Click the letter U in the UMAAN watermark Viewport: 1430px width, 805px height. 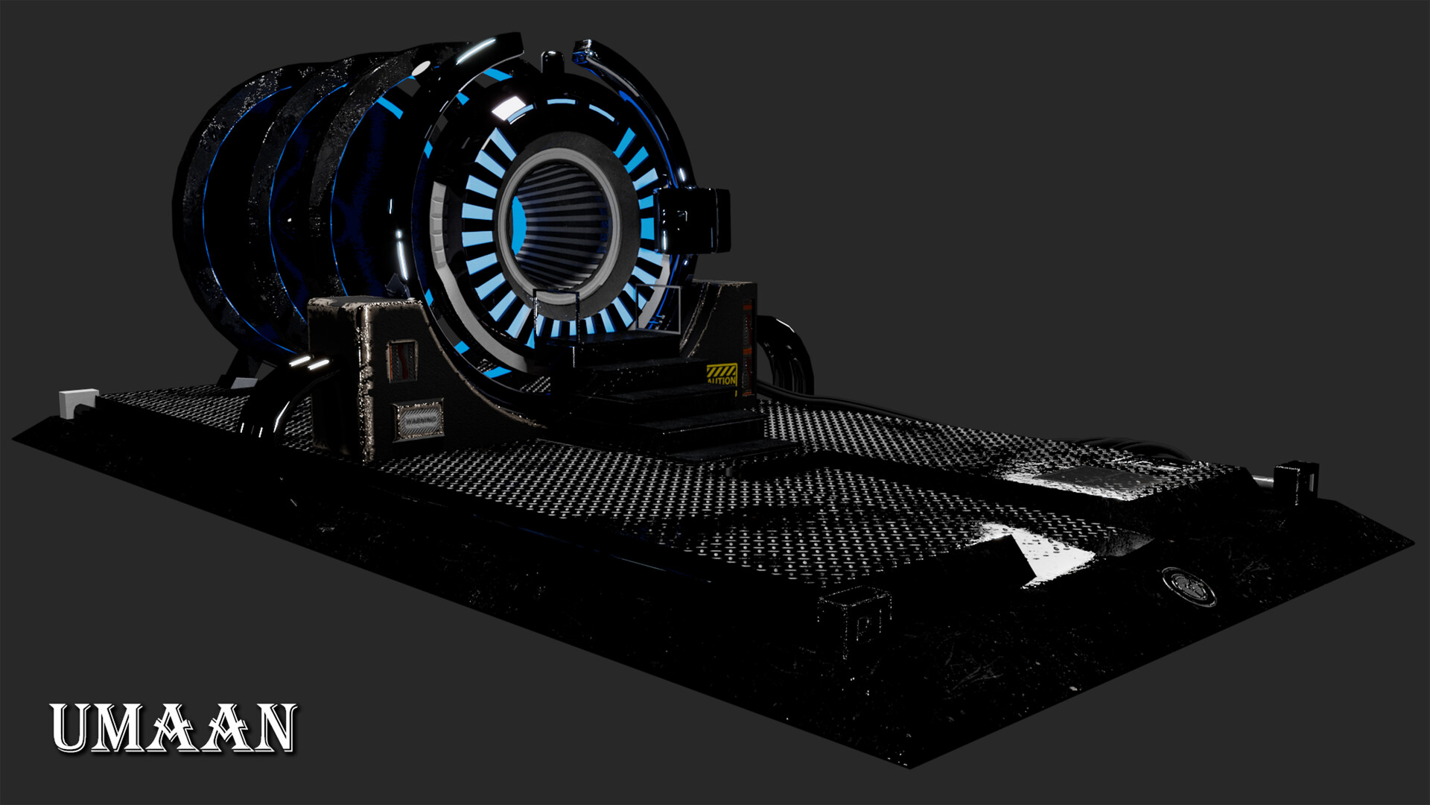73,728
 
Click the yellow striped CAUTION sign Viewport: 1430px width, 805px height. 721,374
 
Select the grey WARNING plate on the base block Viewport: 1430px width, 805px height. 419,421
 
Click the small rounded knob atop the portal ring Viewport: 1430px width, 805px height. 551,61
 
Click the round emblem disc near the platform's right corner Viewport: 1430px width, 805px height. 1189,586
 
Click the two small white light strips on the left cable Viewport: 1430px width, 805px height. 309,363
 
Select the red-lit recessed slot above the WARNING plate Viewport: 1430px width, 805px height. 403,360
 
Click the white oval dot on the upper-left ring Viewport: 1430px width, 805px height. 421,69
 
